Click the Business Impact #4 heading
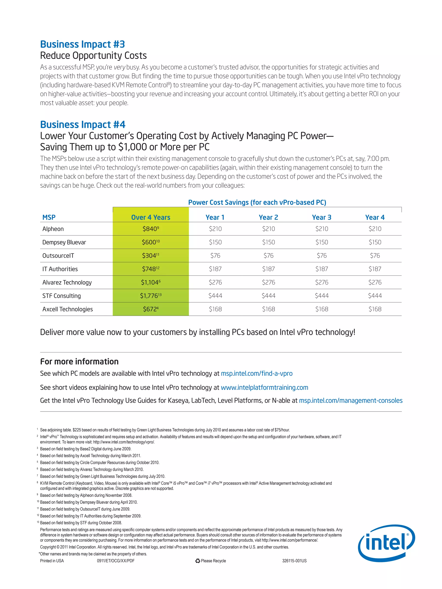83,125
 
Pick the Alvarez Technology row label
67,282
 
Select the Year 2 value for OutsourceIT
268,256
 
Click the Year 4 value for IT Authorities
375,269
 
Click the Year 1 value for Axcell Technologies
215,309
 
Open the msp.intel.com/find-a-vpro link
257,373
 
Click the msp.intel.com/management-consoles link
351,401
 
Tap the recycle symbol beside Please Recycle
197,561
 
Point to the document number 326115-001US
294,561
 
